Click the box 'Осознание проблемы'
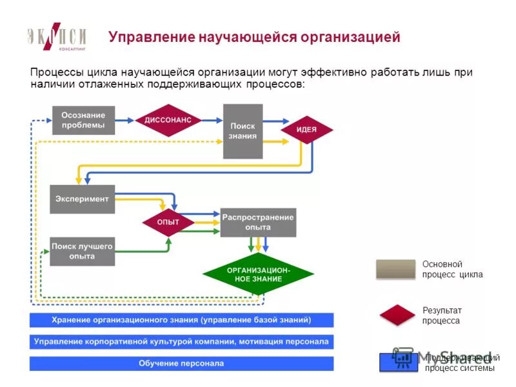pos(83,120)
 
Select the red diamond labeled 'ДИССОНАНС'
pos(168,120)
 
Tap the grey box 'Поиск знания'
pos(243,131)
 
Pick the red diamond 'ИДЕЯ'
pos(306,130)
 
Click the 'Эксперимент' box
pos(83,199)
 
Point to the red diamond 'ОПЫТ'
pos(168,223)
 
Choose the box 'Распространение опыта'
pos(258,223)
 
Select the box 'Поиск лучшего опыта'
pos(83,251)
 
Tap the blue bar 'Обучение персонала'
pos(181,364)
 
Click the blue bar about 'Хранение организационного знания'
pos(181,320)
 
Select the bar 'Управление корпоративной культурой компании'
pos(181,342)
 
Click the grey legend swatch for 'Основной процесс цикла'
pos(395,269)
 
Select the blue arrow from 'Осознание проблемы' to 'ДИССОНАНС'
pos(125,120)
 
